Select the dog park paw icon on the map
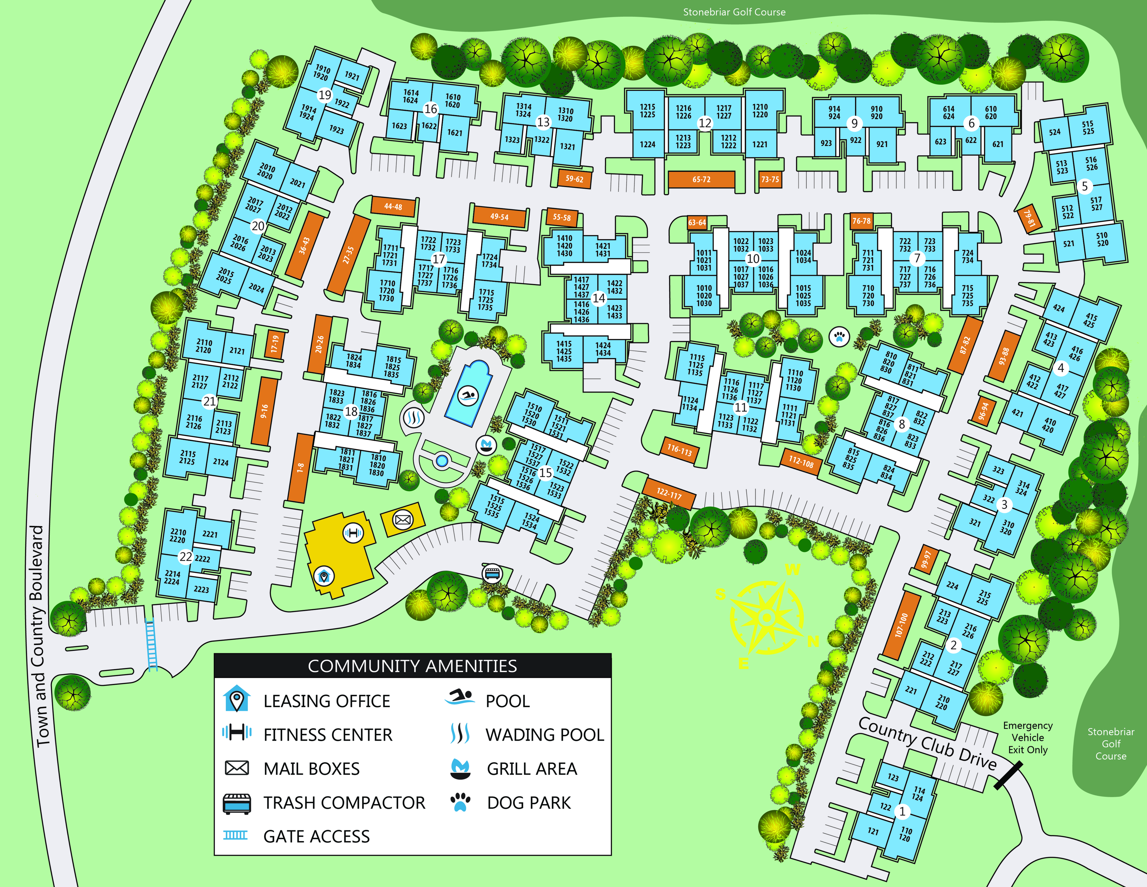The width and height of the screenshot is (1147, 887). pyautogui.click(x=839, y=336)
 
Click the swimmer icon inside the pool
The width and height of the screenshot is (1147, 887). pyautogui.click(x=467, y=396)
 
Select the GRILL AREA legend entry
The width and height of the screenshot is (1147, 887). pyautogui.click(x=531, y=769)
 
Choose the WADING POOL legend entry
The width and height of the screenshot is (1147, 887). pyautogui.click(x=545, y=735)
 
